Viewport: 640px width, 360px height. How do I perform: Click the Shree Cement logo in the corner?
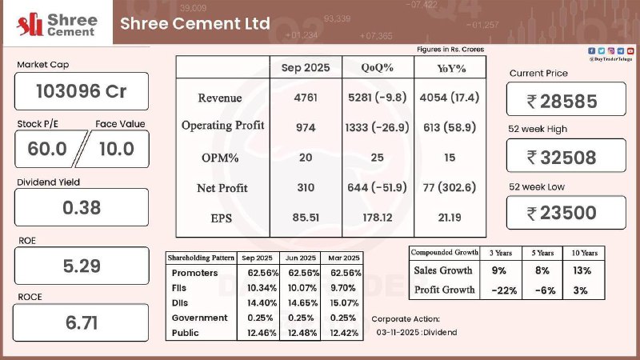click(53, 26)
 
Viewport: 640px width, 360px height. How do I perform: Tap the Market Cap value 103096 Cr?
click(82, 91)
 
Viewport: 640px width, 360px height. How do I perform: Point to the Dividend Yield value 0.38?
click(82, 207)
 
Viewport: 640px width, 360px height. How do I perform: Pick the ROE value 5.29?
click(82, 265)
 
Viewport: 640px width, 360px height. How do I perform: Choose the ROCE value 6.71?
click(82, 322)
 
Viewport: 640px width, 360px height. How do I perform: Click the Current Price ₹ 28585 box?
click(566, 100)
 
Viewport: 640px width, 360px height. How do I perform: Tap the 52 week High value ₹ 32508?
click(566, 157)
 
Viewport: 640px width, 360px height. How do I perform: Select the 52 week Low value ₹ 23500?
click(566, 212)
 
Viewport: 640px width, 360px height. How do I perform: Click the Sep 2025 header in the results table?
click(305, 68)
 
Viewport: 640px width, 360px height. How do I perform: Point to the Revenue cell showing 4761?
click(305, 98)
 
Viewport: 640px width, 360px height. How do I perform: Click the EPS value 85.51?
click(305, 218)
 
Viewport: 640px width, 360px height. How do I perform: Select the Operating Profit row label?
click(222, 126)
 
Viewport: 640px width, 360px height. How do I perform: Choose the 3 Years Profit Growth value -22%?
click(500, 289)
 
